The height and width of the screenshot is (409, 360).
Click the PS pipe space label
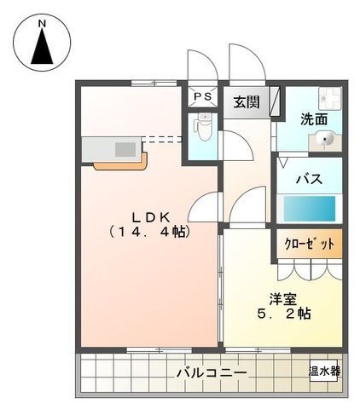point(204,96)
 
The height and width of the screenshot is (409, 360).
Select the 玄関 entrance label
point(247,101)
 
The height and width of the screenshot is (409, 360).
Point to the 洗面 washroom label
point(314,119)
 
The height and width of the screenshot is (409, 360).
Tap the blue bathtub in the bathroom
point(310,208)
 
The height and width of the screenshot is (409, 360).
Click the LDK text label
point(148,214)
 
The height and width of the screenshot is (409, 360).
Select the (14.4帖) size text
point(148,231)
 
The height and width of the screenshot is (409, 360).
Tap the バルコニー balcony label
point(212,372)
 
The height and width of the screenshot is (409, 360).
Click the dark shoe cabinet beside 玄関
point(275,101)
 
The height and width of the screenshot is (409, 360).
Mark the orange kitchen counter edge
point(119,163)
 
